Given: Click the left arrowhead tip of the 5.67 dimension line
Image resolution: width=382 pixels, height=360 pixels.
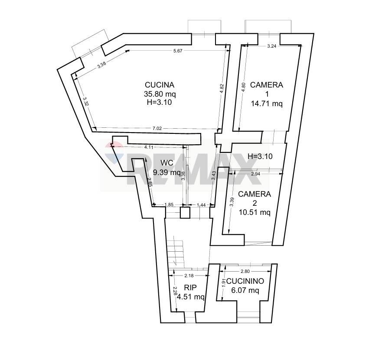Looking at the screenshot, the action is (x=126, y=50).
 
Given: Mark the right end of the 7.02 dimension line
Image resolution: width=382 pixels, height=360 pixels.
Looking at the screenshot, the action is (x=222, y=130).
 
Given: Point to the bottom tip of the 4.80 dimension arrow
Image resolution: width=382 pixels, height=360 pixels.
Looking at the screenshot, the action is (x=239, y=131).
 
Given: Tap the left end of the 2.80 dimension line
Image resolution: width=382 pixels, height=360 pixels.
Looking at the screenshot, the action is (x=220, y=271).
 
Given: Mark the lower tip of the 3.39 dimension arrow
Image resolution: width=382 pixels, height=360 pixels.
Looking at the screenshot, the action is (x=229, y=234).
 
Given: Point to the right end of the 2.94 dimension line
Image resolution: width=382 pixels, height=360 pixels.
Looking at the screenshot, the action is (x=283, y=174).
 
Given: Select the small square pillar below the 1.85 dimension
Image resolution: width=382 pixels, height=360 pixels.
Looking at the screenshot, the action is (x=185, y=213).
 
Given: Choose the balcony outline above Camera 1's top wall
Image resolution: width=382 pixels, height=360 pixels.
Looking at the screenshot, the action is (x=268, y=26).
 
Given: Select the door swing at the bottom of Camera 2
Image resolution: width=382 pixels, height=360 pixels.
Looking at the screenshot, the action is (x=258, y=243).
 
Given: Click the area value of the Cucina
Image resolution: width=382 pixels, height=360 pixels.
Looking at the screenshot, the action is (x=160, y=94).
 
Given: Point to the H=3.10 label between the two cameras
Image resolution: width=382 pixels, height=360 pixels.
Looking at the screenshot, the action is (x=260, y=156).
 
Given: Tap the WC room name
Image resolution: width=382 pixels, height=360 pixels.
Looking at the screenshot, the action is (x=167, y=163).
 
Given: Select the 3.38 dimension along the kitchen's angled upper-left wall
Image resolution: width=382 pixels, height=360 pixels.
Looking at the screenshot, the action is (x=101, y=65).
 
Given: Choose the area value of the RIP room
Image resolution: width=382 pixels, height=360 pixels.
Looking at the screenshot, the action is (x=190, y=297).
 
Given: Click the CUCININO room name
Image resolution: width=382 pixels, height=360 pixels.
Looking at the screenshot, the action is (x=245, y=281).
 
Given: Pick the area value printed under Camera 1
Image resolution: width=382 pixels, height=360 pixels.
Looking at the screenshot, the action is (x=267, y=104).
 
